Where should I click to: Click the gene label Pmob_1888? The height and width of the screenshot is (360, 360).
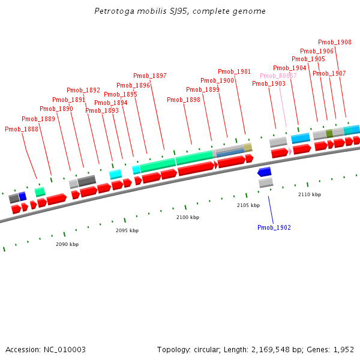(x=22, y=129)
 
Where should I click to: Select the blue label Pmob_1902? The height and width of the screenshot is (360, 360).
(x=274, y=228)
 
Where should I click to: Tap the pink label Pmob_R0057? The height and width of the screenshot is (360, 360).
(x=278, y=76)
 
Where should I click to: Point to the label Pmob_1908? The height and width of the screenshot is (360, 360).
(x=335, y=43)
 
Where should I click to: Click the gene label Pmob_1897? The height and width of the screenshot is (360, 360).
(x=150, y=76)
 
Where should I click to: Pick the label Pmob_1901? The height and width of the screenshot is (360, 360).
(x=235, y=72)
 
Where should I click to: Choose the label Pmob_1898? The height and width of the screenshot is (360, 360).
(x=184, y=100)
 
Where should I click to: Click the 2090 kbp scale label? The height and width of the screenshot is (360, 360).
(x=67, y=245)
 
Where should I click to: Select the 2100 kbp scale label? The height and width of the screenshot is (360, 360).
(x=188, y=217)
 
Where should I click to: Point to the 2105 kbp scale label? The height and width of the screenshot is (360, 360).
(x=248, y=206)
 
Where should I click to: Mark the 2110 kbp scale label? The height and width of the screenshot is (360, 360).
(x=310, y=195)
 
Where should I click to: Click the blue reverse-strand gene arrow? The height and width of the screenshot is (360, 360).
(x=265, y=172)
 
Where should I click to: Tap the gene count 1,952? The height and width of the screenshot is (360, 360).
(x=343, y=350)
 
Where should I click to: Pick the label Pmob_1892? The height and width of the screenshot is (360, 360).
(x=83, y=91)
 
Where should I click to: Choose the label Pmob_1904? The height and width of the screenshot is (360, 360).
(x=290, y=68)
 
